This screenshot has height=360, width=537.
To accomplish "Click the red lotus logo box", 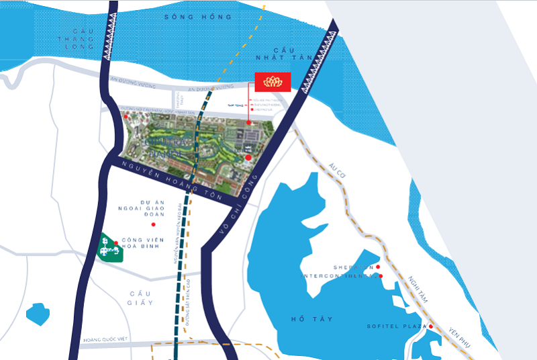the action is [x=272, y=82].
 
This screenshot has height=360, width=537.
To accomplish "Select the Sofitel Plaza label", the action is [x=397, y=326].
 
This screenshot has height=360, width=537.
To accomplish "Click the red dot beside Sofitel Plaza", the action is [x=431, y=327].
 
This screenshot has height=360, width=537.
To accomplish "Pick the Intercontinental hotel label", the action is [x=339, y=275].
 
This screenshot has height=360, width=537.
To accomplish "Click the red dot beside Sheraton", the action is [x=377, y=267].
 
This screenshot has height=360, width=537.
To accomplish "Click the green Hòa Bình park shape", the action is [x=109, y=249].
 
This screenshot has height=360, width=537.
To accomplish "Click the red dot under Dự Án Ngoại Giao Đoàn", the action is [x=154, y=224].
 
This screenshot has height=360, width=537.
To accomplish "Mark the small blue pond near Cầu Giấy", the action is [x=38, y=314].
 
